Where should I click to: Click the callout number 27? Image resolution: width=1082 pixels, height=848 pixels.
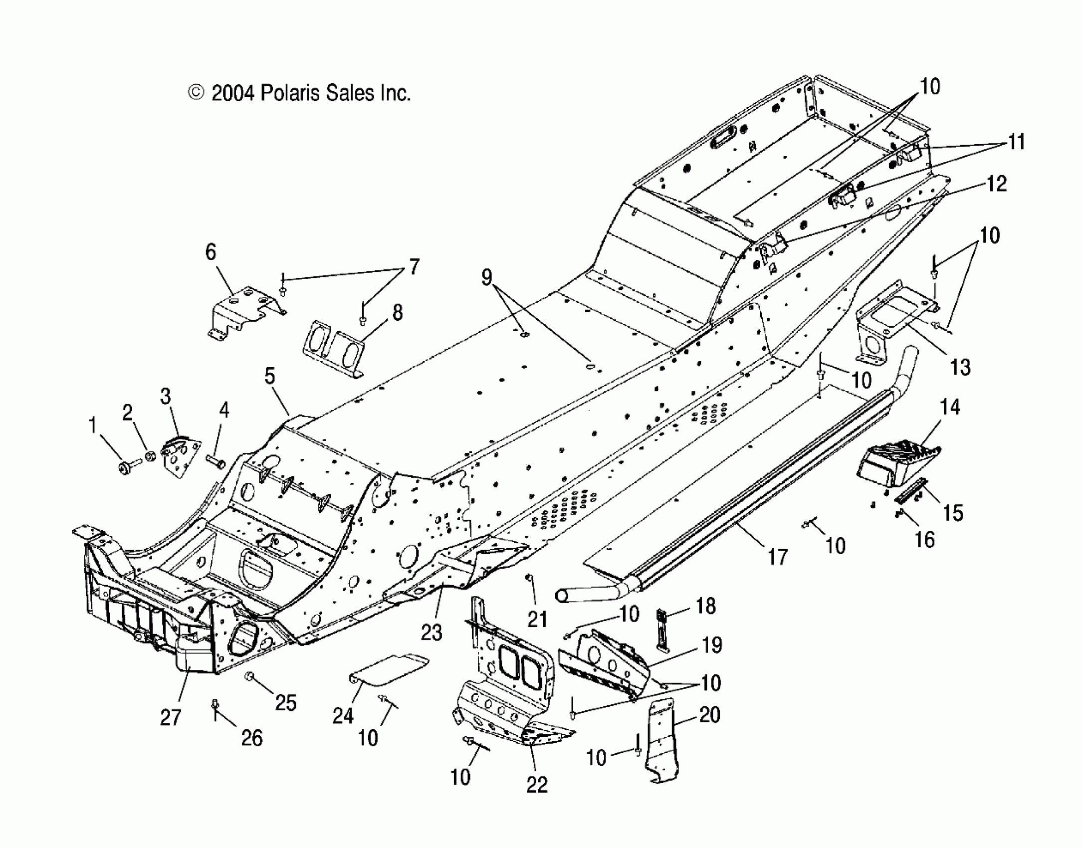point(170,717)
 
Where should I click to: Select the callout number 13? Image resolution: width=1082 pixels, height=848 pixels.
point(960,367)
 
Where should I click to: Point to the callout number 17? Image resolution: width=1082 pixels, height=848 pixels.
point(777,557)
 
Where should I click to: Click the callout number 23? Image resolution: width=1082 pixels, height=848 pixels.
point(431,632)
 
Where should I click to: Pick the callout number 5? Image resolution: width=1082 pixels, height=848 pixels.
point(269,376)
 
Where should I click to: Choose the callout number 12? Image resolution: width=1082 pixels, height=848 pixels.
point(996,184)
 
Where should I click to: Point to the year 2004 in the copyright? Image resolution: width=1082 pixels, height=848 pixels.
point(233,93)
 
